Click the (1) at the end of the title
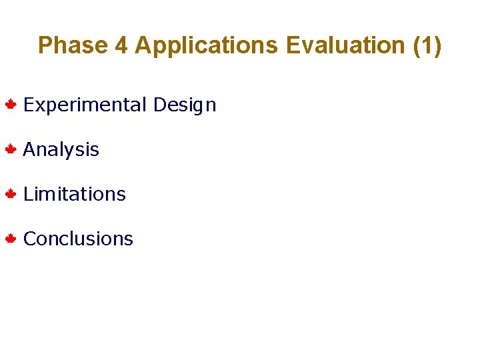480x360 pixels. [x=427, y=45]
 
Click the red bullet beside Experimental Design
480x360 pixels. [x=11, y=105]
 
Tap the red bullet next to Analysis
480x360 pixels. [x=11, y=149]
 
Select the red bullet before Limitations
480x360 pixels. [x=11, y=194]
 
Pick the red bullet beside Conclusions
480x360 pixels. [x=11, y=239]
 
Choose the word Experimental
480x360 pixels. [x=85, y=105]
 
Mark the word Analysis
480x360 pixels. [x=61, y=150]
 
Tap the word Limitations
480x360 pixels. [x=74, y=194]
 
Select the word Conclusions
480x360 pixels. [x=78, y=239]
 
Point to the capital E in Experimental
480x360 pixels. [x=28, y=105]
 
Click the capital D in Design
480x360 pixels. [x=159, y=105]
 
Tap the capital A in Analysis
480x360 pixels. [x=29, y=149]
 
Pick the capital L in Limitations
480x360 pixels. [x=27, y=194]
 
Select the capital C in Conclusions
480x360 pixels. [x=29, y=239]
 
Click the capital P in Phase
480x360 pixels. [x=45, y=45]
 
